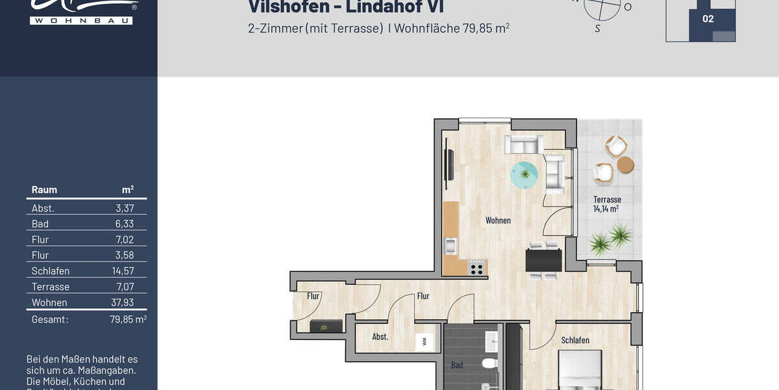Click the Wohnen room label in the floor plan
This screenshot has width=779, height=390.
pyautogui.click(x=498, y=220)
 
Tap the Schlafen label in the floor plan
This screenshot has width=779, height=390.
pyautogui.click(x=575, y=340)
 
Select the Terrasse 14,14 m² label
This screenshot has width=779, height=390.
pyautogui.click(x=606, y=204)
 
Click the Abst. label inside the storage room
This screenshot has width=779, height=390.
pyautogui.click(x=380, y=337)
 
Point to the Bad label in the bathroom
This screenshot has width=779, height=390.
pyautogui.click(x=457, y=365)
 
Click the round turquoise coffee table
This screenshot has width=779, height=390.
pyautogui.click(x=525, y=174)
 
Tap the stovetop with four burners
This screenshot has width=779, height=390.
pyautogui.click(x=476, y=267)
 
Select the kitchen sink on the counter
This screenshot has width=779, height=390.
pyautogui.click(x=451, y=246)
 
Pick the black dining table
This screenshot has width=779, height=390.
pyautogui.click(x=543, y=261)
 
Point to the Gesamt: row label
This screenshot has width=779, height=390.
pyautogui.click(x=50, y=320)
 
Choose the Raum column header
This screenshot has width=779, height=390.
pyautogui.click(x=44, y=190)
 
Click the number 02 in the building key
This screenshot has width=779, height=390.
pyautogui.click(x=708, y=19)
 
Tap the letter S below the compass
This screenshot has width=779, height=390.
pyautogui.click(x=597, y=29)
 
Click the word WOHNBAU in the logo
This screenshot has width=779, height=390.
pyautogui.click(x=80, y=21)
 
